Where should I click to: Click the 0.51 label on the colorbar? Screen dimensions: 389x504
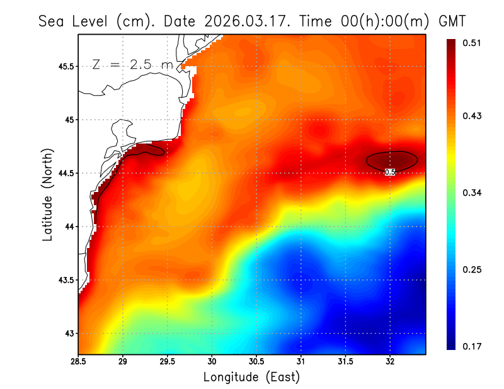click(473, 43)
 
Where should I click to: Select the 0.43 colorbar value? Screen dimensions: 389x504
click(473, 116)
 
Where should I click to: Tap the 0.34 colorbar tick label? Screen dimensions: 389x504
click(473, 193)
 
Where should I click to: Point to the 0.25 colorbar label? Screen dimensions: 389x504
click(473, 269)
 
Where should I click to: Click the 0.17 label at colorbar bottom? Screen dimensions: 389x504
click(473, 346)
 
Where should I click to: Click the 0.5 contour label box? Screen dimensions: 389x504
click(389, 172)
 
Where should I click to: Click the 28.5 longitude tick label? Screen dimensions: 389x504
click(79, 362)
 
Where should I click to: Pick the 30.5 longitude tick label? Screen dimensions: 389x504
click(256, 362)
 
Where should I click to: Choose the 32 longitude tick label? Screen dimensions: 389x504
click(390, 362)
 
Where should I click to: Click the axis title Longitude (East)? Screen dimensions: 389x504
click(251, 377)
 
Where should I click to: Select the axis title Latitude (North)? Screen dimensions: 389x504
click(48, 194)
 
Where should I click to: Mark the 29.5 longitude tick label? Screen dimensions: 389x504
click(168, 362)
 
